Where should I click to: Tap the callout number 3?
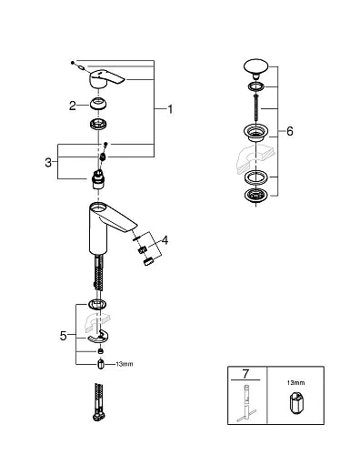pos(50,161)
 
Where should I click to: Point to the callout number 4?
pos(164,242)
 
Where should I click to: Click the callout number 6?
pos(289,131)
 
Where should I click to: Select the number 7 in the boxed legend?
pos(245,374)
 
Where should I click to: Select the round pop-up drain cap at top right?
pos(255,66)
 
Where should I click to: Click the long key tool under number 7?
pos(245,405)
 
